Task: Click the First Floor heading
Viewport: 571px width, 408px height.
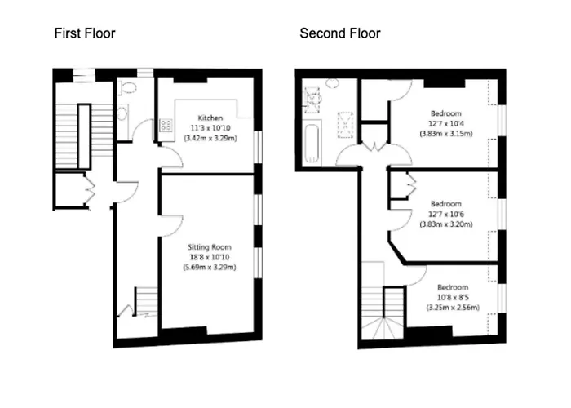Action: click(85, 33)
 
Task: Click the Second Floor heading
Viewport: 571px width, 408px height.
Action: click(340, 33)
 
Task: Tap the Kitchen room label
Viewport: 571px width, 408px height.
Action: click(210, 118)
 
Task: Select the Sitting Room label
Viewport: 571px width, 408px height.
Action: click(210, 247)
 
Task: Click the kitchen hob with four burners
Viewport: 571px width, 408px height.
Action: click(166, 125)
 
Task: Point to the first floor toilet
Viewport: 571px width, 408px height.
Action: click(127, 87)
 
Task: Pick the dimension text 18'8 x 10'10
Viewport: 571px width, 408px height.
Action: click(210, 257)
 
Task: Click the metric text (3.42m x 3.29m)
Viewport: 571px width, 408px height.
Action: click(210, 138)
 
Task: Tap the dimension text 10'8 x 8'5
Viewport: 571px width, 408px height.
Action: click(453, 297)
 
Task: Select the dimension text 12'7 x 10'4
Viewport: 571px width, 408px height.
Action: click(446, 123)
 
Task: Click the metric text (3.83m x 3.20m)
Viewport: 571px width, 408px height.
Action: click(446, 224)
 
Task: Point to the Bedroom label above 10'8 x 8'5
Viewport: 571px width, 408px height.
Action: click(453, 287)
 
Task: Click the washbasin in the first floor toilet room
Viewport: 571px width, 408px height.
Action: click(122, 113)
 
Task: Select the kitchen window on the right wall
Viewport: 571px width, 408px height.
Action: click(258, 148)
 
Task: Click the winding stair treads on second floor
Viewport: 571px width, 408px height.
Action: click(383, 328)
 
